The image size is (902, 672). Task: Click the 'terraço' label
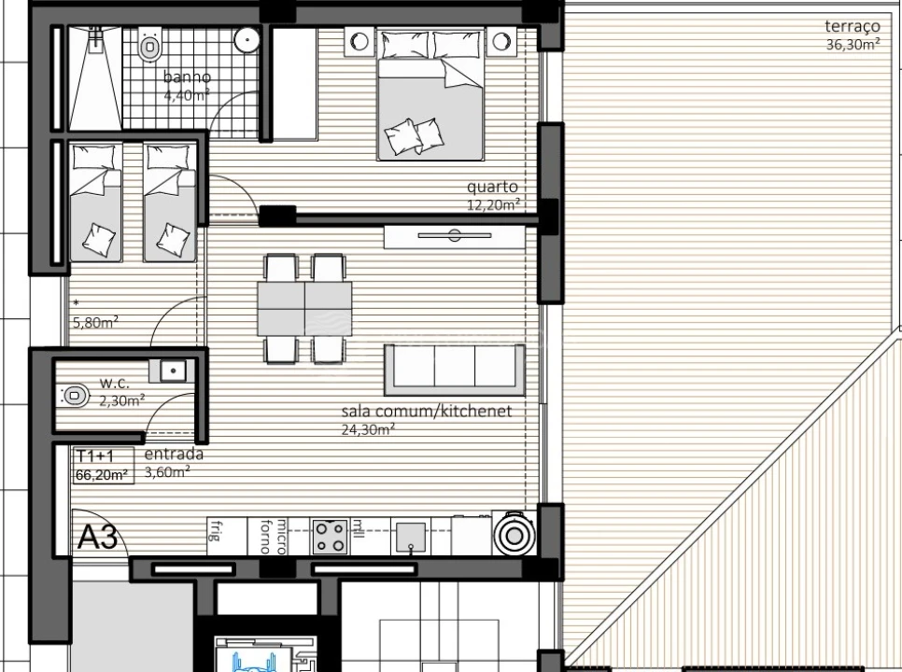coord(853,27)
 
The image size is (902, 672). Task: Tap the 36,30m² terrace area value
coord(853,45)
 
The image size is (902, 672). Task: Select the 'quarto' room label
coord(492,187)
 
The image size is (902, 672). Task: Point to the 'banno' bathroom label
coord(187,77)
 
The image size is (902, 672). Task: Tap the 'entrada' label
coord(174,455)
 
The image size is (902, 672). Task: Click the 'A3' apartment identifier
coord(98,538)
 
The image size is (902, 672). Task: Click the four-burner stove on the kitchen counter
coord(331,537)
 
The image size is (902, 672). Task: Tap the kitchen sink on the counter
coord(410,537)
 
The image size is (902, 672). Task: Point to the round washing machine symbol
coord(513,536)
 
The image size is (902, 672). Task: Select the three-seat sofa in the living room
coord(454,370)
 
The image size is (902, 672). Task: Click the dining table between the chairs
coord(304,309)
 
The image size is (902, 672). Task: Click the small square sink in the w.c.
coord(173,371)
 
